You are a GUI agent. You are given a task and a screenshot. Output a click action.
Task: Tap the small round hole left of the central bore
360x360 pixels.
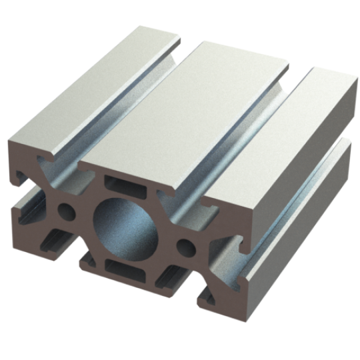(67, 211)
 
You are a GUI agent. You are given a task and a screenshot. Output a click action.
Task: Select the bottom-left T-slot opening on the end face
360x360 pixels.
(57, 243)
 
